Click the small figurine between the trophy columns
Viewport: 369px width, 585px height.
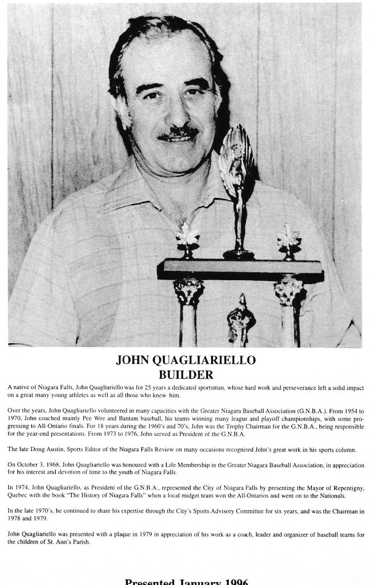click(241, 320)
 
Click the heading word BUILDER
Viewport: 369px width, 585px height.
click(185, 375)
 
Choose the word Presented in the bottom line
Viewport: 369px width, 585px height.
click(150, 582)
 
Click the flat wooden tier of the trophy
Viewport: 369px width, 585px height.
click(240, 268)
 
